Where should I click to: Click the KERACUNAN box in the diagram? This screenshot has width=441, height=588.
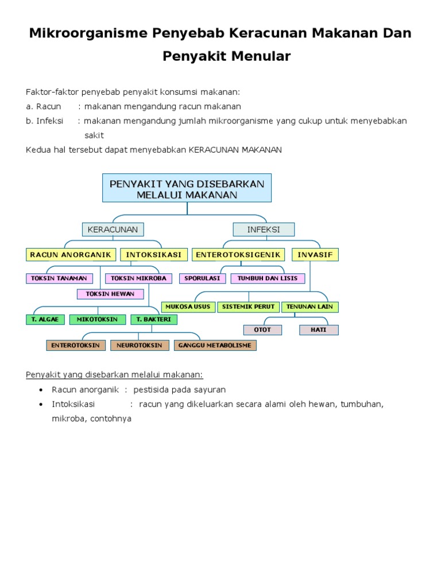point(113,230)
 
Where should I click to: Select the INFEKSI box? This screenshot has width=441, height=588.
point(264,230)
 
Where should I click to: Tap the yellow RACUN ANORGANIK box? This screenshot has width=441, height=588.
point(71,254)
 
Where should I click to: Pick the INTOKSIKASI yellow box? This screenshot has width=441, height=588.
point(153,254)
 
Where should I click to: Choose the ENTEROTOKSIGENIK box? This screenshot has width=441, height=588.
point(238,254)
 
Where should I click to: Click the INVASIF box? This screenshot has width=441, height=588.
point(315,254)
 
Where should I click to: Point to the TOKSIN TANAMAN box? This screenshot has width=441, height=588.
point(59,278)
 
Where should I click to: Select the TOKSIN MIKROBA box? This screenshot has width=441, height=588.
point(138,278)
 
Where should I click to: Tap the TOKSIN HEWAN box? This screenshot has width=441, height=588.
point(110,294)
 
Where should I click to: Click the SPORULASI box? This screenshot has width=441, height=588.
point(202,278)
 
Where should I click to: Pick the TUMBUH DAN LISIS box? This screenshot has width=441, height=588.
point(268,278)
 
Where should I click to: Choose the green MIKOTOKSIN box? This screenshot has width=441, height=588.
point(98,319)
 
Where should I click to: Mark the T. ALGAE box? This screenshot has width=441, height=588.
point(45,319)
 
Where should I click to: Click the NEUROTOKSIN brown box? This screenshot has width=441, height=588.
point(140,345)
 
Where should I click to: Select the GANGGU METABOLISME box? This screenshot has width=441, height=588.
point(215,345)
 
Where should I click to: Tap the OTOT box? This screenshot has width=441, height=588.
point(262,330)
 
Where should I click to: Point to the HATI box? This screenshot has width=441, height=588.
point(319,330)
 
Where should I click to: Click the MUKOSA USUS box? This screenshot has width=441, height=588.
point(188,307)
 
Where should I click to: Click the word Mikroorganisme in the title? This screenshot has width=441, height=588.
point(87,33)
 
